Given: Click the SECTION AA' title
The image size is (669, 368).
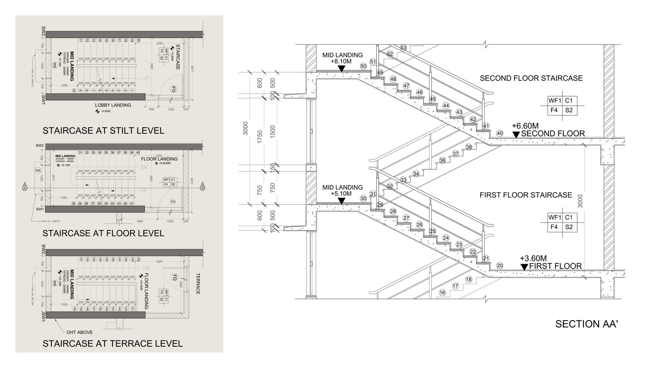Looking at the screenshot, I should (586, 324).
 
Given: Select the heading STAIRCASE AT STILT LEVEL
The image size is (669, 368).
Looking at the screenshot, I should (103, 131).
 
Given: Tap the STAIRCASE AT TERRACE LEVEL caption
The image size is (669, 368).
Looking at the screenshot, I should (112, 344).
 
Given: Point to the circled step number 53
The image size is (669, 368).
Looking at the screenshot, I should (403, 48).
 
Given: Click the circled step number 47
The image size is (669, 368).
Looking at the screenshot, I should (406, 86).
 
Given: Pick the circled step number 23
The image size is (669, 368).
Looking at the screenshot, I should (459, 245).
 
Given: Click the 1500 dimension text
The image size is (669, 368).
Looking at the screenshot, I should (273, 131).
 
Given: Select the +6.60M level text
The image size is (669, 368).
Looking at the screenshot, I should (525, 126).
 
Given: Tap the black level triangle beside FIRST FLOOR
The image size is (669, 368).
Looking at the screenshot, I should (524, 267).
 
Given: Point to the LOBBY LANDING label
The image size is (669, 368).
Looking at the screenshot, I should (113, 105).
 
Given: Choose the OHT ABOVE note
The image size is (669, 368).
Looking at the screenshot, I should (80, 332).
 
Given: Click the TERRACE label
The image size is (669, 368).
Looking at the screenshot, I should (198, 284).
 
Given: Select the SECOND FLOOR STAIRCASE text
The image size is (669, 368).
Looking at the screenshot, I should (531, 78).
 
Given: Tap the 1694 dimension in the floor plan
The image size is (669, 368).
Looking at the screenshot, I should (140, 221).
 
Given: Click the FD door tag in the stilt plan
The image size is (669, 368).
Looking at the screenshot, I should (173, 89).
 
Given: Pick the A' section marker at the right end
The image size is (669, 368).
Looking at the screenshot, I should (202, 188).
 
